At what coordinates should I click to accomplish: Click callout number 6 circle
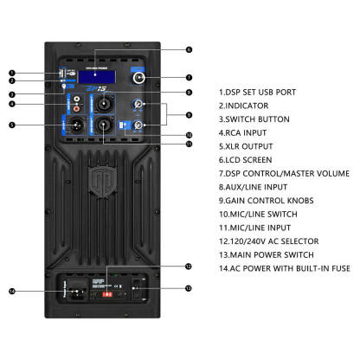pos(189,50)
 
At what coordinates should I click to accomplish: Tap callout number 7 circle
pos(189,78)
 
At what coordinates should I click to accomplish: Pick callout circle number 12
pos(189,267)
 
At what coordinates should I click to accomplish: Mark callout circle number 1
pos(12,74)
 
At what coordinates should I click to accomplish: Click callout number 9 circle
pos(189,114)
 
